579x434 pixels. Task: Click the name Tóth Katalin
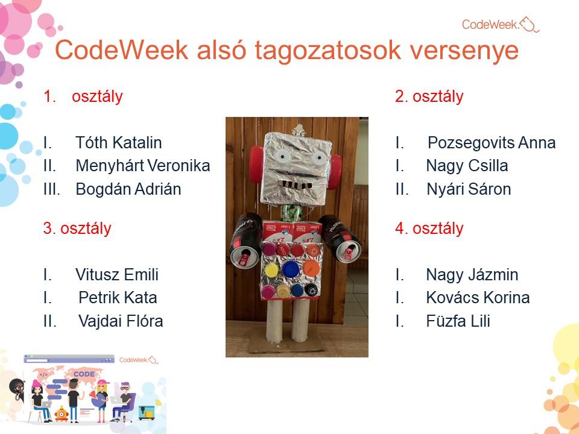click(119, 142)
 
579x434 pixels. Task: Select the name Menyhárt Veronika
click(142, 166)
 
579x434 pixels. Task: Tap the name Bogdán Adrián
click(128, 189)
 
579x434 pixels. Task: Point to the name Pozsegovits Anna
click(492, 143)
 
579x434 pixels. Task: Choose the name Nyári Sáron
click(469, 189)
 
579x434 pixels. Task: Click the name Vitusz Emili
click(116, 275)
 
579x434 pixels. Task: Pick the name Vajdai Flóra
click(121, 321)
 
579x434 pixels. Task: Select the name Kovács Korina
click(478, 297)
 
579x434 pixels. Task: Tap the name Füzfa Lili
click(458, 321)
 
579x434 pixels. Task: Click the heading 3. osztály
click(77, 228)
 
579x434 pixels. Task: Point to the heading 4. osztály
click(429, 228)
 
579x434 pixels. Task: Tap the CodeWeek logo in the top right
click(501, 24)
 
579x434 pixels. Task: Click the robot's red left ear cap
click(256, 164)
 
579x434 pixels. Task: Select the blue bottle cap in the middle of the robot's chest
click(291, 269)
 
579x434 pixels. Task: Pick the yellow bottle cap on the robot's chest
click(271, 270)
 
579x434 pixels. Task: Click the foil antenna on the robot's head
click(297, 131)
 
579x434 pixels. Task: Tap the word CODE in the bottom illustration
click(84, 374)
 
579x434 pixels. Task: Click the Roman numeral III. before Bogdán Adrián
click(51, 189)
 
